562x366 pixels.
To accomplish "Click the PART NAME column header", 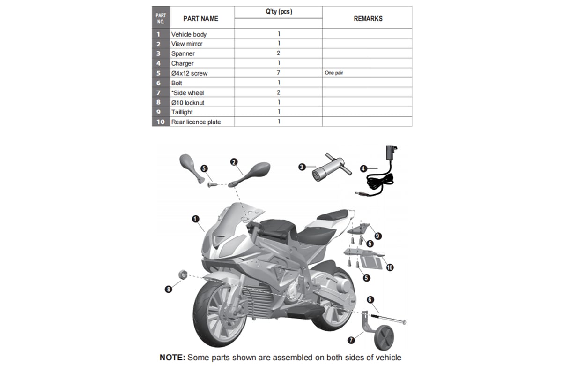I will pyautogui.click(x=200, y=19).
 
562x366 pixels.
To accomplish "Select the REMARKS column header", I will pyautogui.click(x=368, y=19).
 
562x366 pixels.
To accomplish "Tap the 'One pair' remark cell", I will pyautogui.click(x=334, y=73).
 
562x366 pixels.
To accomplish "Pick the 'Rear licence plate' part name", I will pyautogui.click(x=196, y=122).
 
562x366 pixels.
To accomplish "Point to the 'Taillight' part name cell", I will pyautogui.click(x=182, y=112).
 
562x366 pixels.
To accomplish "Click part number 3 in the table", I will pyautogui.click(x=159, y=53).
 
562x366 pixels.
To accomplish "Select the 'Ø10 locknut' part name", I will pyautogui.click(x=187, y=102).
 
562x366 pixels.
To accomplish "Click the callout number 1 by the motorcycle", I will pyautogui.click(x=195, y=218).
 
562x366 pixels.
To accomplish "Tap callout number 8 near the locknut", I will pyautogui.click(x=169, y=289).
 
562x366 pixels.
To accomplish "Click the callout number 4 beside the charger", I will pyautogui.click(x=364, y=168).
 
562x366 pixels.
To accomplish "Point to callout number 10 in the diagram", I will pyautogui.click(x=390, y=267).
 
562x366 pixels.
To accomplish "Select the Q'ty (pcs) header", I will pyautogui.click(x=278, y=12).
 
